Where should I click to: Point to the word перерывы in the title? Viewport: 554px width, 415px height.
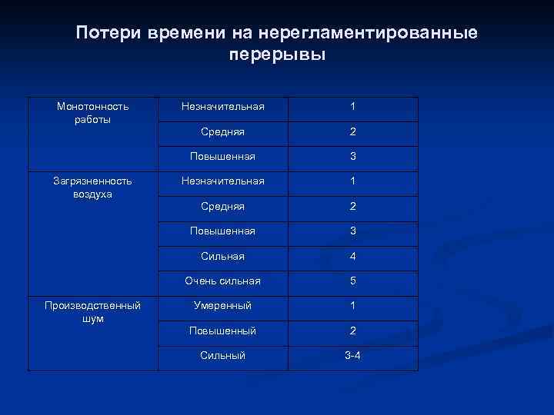(x=277, y=55)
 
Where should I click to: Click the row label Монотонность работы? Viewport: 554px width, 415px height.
(x=92, y=113)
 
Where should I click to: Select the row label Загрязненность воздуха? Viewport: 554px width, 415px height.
(x=92, y=187)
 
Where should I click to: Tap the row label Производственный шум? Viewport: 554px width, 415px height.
(x=92, y=311)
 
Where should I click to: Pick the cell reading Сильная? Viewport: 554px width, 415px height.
(x=222, y=256)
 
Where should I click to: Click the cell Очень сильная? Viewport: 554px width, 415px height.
(x=222, y=281)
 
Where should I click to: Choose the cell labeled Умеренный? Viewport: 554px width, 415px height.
(x=222, y=305)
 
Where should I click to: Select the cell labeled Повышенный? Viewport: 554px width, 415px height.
(x=222, y=330)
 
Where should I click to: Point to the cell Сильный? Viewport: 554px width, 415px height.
(x=222, y=355)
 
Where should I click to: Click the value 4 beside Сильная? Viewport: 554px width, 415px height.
(x=352, y=256)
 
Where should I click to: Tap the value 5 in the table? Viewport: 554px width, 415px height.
(x=352, y=281)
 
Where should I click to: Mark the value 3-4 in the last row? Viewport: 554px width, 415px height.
(x=352, y=355)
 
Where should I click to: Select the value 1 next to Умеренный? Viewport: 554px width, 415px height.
(x=352, y=305)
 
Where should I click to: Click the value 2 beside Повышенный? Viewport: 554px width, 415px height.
(x=352, y=330)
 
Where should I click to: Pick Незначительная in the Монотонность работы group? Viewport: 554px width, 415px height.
(x=222, y=106)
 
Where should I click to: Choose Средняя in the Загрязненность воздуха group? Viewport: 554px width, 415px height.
(x=222, y=206)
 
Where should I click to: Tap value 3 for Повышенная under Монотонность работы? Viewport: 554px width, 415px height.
(x=352, y=156)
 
